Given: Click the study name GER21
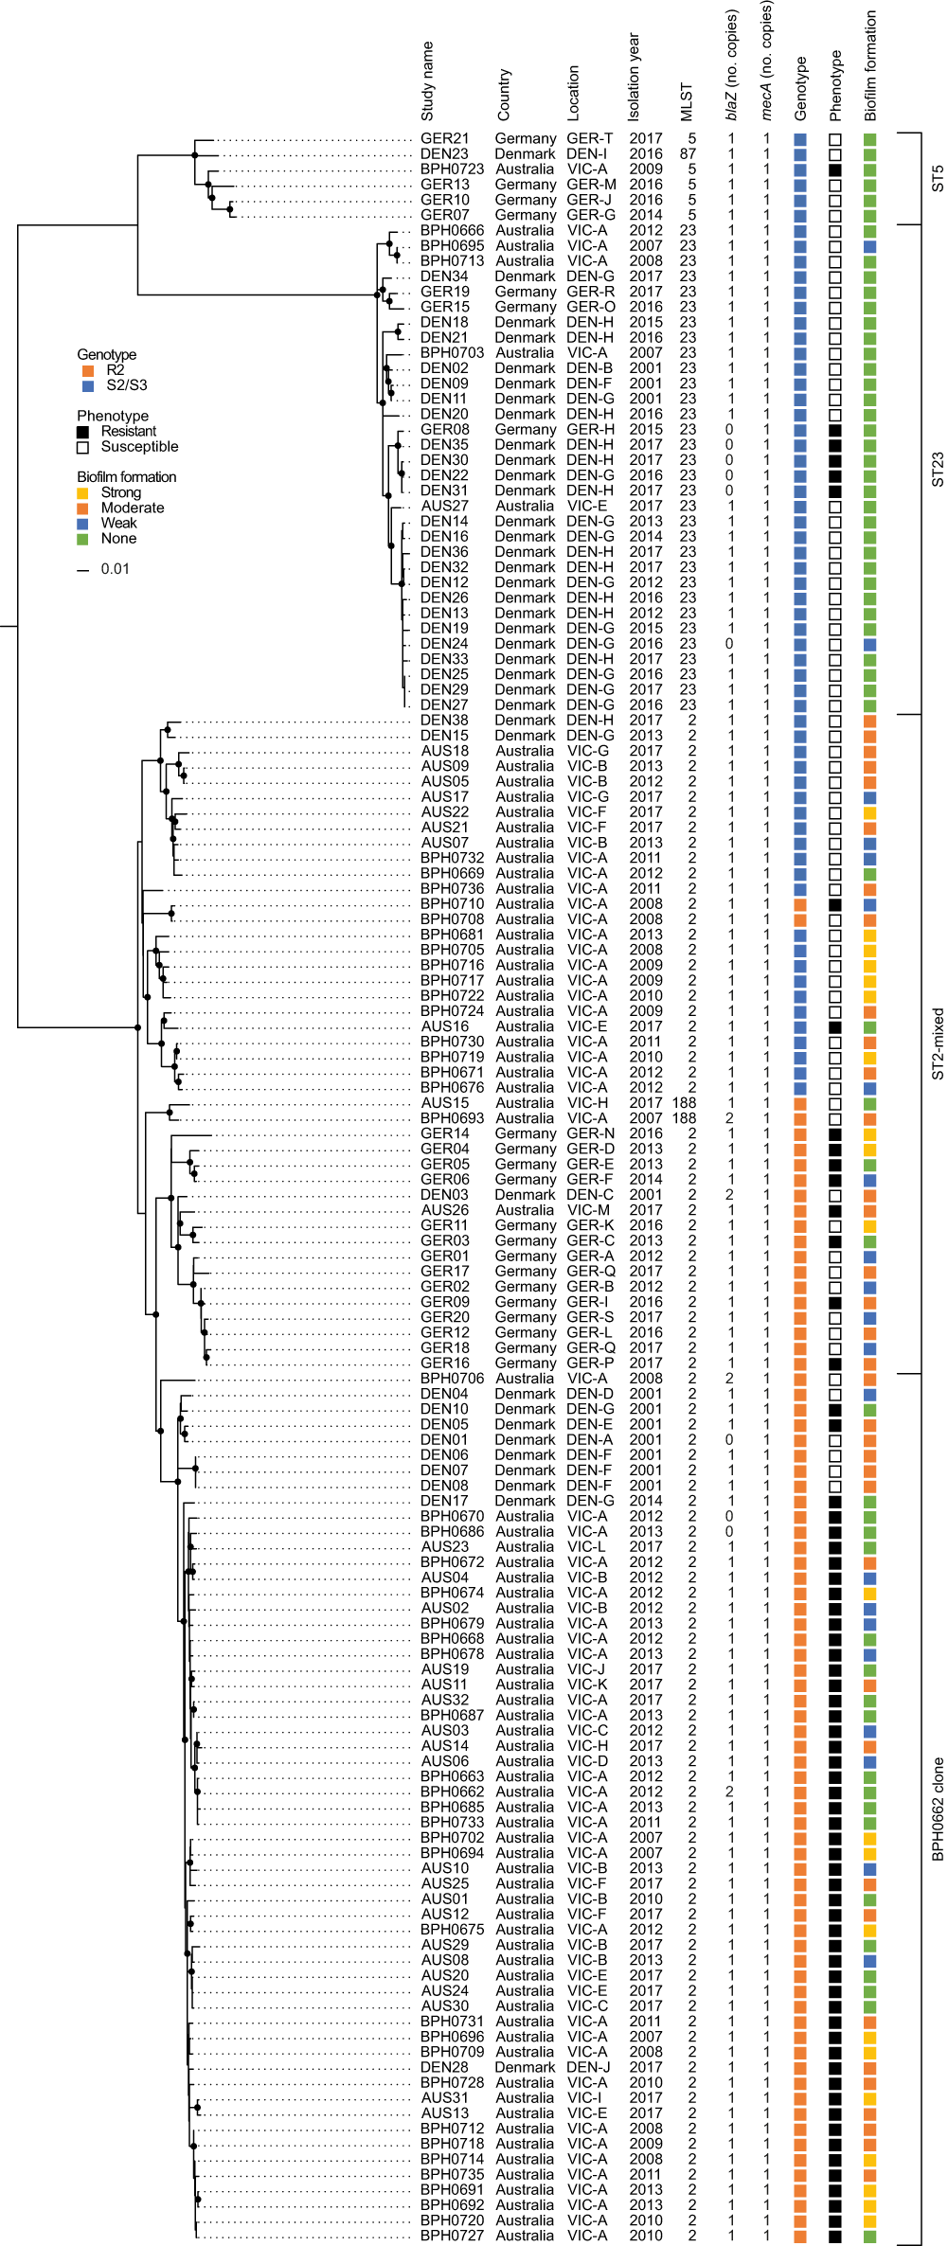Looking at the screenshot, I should click(444, 138).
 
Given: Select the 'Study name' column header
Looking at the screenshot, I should click(427, 81).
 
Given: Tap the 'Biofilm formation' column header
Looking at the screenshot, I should click(870, 66).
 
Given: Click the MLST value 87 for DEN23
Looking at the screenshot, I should click(688, 153).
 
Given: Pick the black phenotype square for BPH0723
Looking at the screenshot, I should click(835, 169).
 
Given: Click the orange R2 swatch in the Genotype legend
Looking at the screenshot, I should click(88, 370).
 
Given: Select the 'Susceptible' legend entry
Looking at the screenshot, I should click(139, 447).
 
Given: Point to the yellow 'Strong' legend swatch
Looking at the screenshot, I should click(83, 493).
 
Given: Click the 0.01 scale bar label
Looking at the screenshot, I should click(115, 569).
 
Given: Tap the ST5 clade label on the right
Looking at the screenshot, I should click(938, 179).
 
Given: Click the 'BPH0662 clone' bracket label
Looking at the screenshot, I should click(938, 1809).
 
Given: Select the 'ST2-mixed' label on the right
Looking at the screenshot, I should click(938, 1043).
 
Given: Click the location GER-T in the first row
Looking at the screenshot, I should click(590, 138).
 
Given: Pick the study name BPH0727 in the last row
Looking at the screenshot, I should click(452, 2236).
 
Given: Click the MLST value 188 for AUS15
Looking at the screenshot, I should click(684, 1103).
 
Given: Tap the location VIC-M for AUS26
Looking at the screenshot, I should click(588, 1210).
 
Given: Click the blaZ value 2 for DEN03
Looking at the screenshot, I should click(729, 1195).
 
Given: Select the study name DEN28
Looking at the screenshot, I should click(444, 2067).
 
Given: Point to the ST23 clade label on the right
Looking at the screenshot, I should click(938, 470).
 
